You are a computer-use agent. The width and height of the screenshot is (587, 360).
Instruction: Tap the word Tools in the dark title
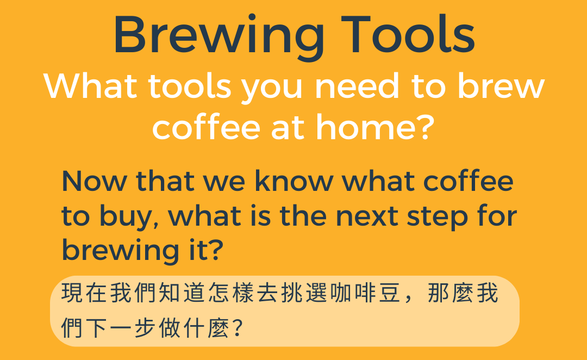(408, 34)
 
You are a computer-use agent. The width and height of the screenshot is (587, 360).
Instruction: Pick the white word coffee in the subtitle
(206, 127)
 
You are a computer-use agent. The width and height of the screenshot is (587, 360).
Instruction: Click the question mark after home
(426, 127)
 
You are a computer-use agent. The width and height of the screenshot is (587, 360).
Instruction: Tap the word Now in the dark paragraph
(95, 181)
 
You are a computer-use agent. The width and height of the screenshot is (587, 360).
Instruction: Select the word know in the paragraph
(294, 181)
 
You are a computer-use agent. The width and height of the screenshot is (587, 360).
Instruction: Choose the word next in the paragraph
(367, 216)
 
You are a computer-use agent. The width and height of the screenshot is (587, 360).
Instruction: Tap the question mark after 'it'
(215, 250)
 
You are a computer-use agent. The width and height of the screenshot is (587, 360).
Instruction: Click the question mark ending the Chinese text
(238, 327)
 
